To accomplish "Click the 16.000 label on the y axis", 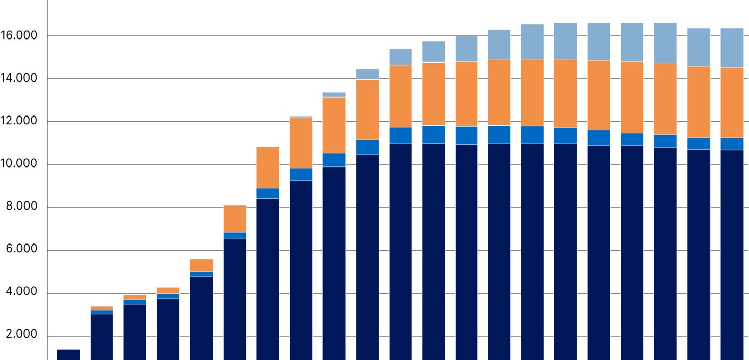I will tap(20, 36).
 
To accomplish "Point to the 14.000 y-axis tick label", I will tap(20, 79).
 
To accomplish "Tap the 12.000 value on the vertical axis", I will tap(20, 122).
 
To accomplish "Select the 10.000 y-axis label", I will tap(20, 164).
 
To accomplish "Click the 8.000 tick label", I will tap(22, 208).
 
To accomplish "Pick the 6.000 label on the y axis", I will tap(22, 250).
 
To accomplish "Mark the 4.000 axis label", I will tap(22, 293).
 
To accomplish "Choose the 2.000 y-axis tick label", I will tap(22, 336).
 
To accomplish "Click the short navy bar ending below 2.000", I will tap(68, 354).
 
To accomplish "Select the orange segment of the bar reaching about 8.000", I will tap(235, 218).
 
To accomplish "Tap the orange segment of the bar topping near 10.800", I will tap(268, 168).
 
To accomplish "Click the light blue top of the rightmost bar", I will tap(732, 47).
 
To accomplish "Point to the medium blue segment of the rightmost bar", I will tap(732, 144).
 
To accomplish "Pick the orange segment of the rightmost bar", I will tap(732, 102).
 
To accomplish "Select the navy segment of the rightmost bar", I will tap(732, 255).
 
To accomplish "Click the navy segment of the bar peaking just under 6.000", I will tap(201, 318).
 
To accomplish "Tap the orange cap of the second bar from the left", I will tap(101, 308).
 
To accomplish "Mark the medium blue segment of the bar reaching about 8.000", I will tap(235, 235).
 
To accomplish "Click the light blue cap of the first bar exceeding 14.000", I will tap(367, 74).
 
